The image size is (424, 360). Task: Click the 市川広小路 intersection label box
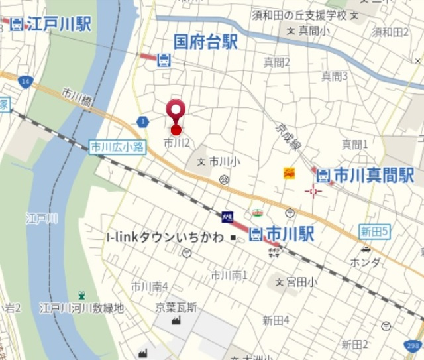coord(117,147)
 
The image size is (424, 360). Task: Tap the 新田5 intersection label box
coord(375,231)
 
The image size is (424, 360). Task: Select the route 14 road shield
coord(25,81)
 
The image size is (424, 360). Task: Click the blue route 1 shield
coord(143,121)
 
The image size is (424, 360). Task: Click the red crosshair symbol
coord(313,192)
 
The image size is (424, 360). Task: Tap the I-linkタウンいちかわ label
coord(165,237)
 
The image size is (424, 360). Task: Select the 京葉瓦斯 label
coord(177,306)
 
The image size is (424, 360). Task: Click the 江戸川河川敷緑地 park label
coord(81,308)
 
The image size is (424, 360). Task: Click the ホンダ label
coord(366,263)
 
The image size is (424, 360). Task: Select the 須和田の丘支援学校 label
coord(299,15)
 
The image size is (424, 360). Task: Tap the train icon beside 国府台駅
coord(164,60)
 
